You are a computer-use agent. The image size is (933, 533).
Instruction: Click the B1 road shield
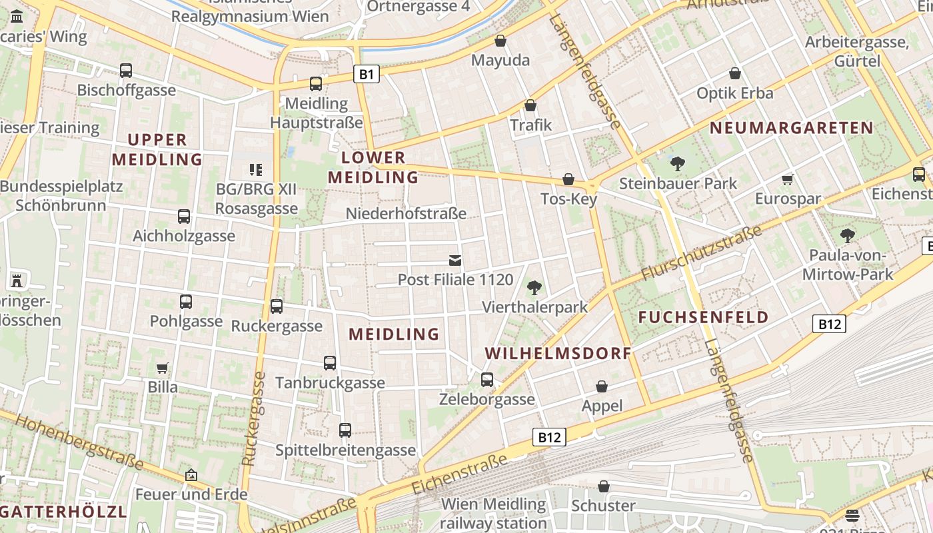coord(366,73)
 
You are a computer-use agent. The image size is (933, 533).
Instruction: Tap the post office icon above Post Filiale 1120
coord(455,260)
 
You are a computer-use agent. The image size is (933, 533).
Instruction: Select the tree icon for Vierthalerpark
coord(534,288)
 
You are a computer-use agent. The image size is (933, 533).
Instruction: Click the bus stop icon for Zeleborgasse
coord(487,380)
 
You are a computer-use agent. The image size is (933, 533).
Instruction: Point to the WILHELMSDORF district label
coord(558,353)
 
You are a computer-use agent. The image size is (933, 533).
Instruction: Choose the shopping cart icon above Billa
coord(163,368)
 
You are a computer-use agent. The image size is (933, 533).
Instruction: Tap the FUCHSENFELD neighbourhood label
coord(704,317)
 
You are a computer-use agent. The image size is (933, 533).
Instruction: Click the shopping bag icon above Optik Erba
coord(735,73)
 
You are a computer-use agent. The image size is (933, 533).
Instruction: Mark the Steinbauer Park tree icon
coord(678,163)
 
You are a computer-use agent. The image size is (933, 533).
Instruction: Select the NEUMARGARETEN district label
coord(791,127)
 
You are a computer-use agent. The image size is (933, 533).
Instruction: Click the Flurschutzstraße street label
coord(701,253)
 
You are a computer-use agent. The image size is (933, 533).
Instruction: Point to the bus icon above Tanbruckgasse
coord(330,363)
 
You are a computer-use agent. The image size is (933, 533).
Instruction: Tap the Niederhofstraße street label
coord(406,214)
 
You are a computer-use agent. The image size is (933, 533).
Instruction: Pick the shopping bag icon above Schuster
coord(604,486)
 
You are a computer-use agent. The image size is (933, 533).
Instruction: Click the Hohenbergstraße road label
coord(79,440)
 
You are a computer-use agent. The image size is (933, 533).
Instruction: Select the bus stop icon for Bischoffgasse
coord(126,70)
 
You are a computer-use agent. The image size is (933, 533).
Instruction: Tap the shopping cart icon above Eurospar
coord(788,179)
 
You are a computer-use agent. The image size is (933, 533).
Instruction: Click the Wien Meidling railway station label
coord(494,514)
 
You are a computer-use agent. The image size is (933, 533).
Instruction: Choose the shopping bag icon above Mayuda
coord(500,41)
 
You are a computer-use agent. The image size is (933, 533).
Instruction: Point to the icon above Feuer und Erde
coord(191,475)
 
